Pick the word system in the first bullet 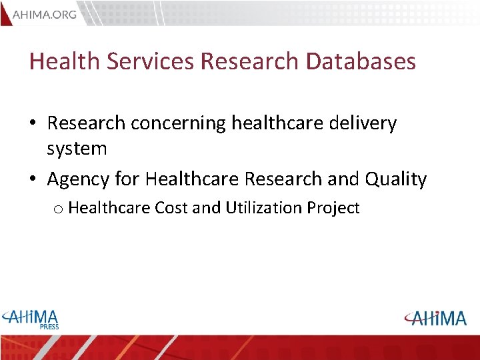click(77, 149)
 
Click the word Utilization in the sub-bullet click(264, 208)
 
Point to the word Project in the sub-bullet click(333, 208)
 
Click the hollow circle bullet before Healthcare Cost click(58, 209)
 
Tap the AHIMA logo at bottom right click(435, 318)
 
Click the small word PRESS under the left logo click(49, 327)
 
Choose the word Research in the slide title click(249, 61)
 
